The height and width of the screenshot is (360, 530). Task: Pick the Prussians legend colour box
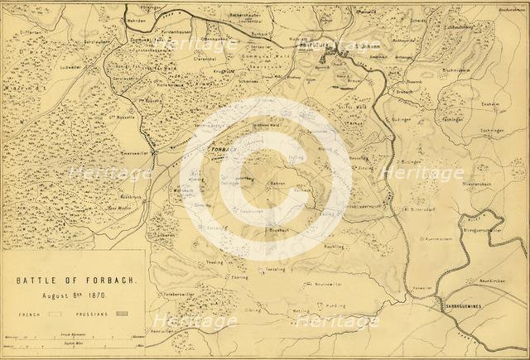tap(125, 315)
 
